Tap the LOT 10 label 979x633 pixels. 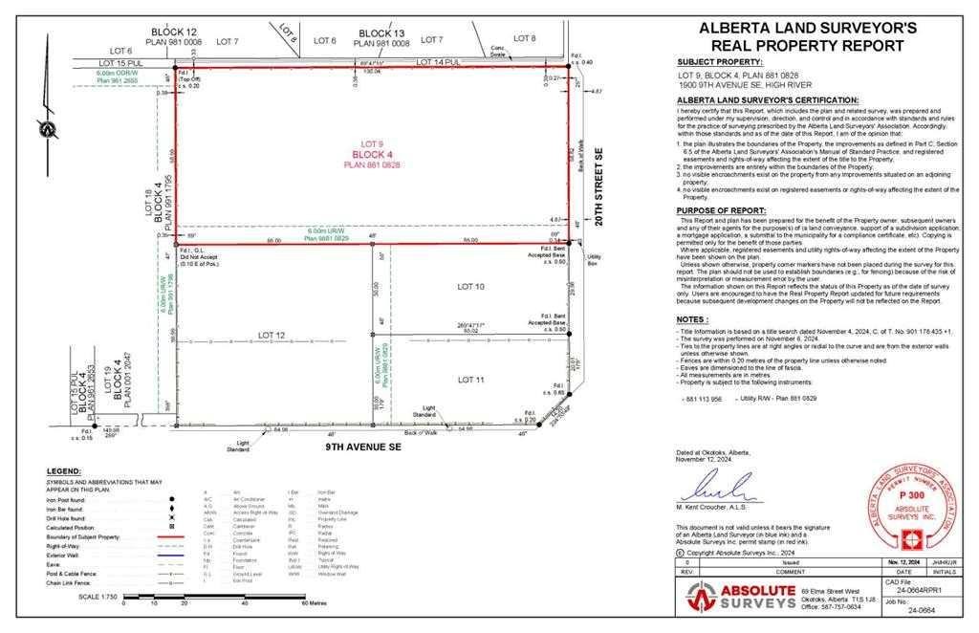(471, 287)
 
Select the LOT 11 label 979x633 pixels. (471, 380)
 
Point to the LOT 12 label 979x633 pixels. (272, 335)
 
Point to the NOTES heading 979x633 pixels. (692, 320)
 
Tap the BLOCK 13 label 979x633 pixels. (381, 33)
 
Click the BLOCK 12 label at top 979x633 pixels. (173, 32)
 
